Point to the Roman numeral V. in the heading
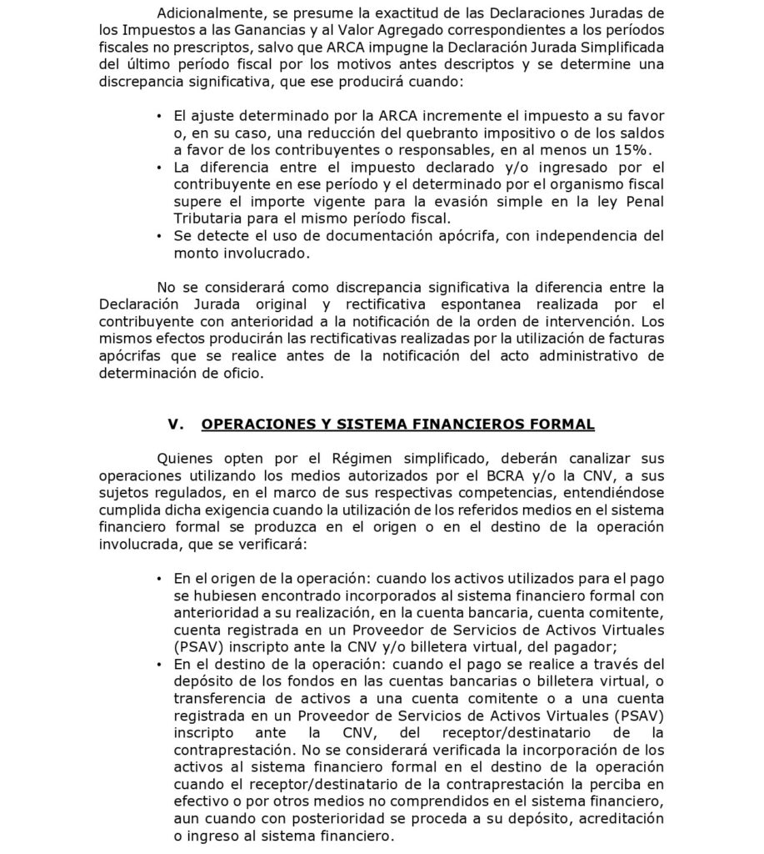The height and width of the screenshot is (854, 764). (175, 424)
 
